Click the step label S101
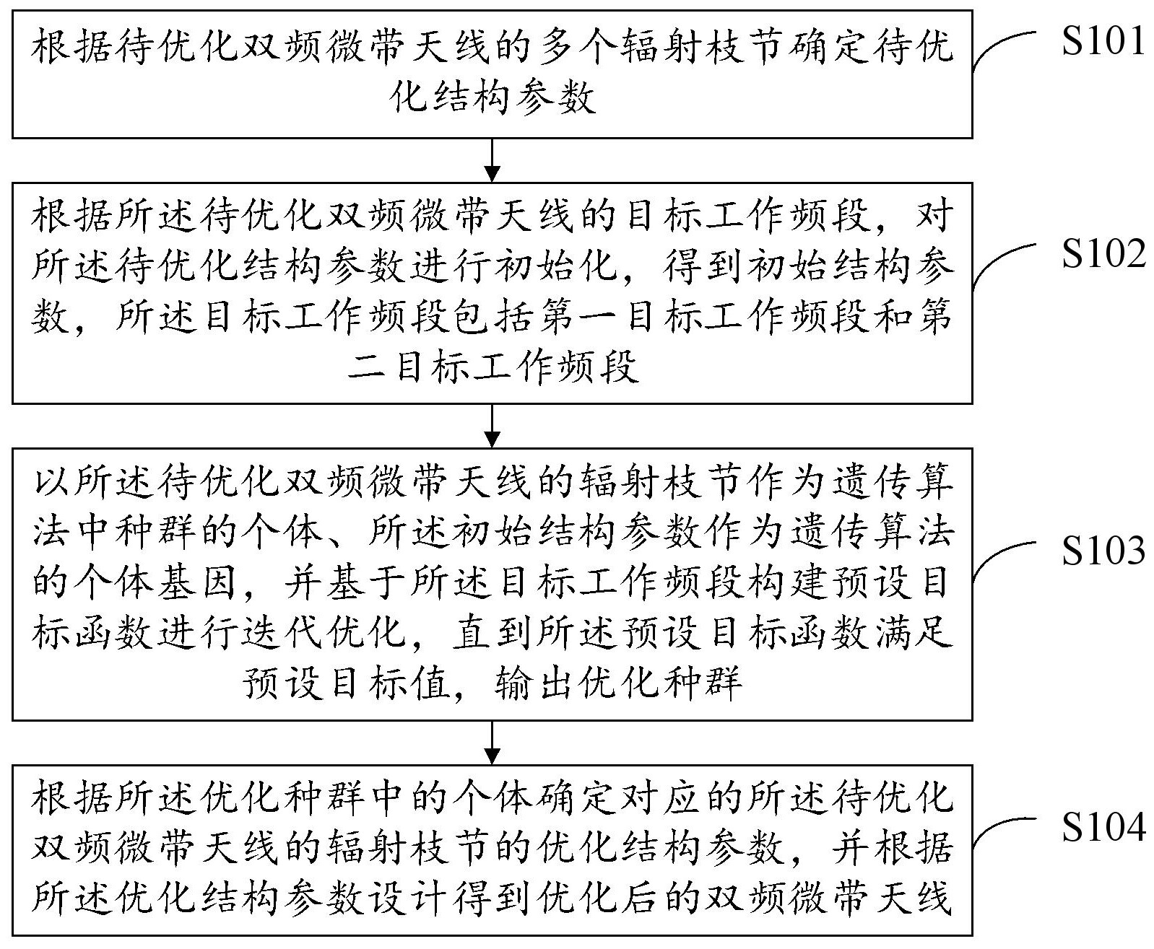point(1103,40)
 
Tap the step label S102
point(1103,253)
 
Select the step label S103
point(1103,550)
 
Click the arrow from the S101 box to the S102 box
point(492,159)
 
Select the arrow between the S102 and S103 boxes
point(492,426)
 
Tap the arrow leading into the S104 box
point(492,743)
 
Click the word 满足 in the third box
point(914,634)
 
